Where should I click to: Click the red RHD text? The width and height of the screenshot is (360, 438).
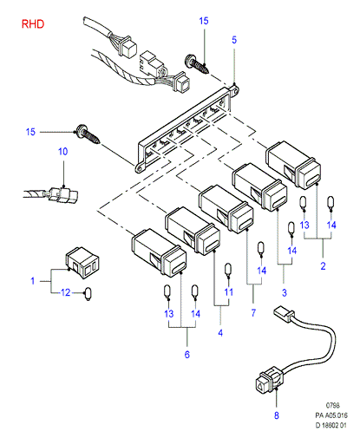[x=33, y=23]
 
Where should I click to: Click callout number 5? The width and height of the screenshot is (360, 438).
[x=234, y=40]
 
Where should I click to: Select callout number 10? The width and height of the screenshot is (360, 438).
[x=63, y=152]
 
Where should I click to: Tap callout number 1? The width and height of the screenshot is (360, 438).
[x=33, y=281]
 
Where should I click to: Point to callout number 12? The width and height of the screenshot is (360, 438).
[x=66, y=292]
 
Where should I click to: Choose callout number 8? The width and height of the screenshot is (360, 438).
[x=277, y=415]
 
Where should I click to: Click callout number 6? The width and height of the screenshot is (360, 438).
[x=187, y=355]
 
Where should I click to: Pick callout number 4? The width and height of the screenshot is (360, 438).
[x=220, y=333]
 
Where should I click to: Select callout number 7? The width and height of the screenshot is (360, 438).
[x=253, y=313]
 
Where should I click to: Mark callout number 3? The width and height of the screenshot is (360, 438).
[x=285, y=292]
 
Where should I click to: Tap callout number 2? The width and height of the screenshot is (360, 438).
[x=323, y=266]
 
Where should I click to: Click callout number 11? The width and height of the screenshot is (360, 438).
[x=229, y=292]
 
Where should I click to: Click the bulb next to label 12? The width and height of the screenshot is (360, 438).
[x=88, y=294]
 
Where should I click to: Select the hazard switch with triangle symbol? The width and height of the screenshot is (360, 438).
[x=270, y=379]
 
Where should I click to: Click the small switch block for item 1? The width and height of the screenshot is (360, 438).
[x=82, y=262]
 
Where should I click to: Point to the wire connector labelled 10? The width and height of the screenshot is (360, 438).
[x=64, y=194]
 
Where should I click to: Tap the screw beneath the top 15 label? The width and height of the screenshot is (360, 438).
[x=197, y=64]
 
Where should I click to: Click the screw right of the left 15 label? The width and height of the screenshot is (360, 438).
[x=88, y=134]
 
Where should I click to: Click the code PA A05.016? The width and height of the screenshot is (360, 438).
[x=331, y=415]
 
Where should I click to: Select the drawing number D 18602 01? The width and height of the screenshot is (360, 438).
[x=331, y=425]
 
